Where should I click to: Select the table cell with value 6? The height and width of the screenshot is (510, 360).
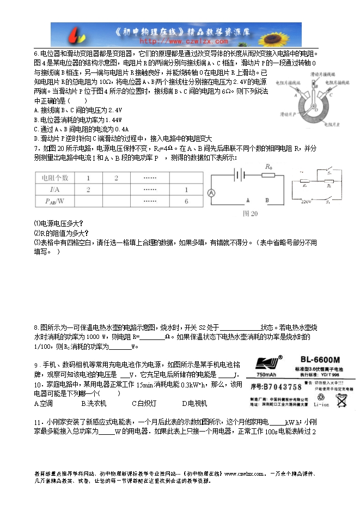tap(186, 202)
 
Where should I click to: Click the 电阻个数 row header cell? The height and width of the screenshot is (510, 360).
tap(52, 178)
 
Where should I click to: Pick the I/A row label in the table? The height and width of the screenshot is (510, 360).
tap(53, 190)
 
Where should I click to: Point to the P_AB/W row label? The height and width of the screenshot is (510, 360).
tap(53, 202)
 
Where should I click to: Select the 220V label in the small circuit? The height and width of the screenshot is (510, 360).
tap(306, 201)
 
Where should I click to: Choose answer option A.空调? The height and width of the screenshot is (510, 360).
tap(43, 404)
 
